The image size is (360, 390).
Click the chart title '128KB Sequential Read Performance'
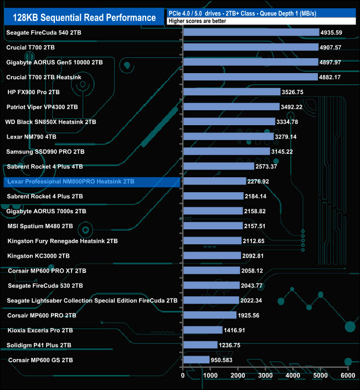pyautogui.click(x=84, y=17)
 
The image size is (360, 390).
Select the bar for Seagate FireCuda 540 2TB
pyautogui.click(x=251, y=32)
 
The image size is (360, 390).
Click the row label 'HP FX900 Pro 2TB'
pyautogui.click(x=33, y=92)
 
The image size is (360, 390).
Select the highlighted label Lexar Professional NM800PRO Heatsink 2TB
pyautogui.click(x=69, y=181)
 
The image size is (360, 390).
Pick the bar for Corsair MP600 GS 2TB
pyautogui.click(x=196, y=360)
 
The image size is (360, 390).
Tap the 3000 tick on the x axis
pyautogui.click(x=265, y=376)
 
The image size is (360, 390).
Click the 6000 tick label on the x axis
pyautogui.click(x=347, y=376)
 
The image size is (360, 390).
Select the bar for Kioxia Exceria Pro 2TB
pyautogui.click(x=203, y=330)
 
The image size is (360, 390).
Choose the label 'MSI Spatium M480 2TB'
pyautogui.click(x=40, y=226)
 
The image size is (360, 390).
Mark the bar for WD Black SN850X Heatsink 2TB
pyautogui.click(x=229, y=122)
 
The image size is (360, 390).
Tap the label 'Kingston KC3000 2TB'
pyautogui.click(x=38, y=256)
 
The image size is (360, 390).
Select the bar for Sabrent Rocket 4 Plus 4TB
pyautogui.click(x=218, y=166)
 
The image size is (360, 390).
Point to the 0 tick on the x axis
pyautogui.click(x=183, y=376)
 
